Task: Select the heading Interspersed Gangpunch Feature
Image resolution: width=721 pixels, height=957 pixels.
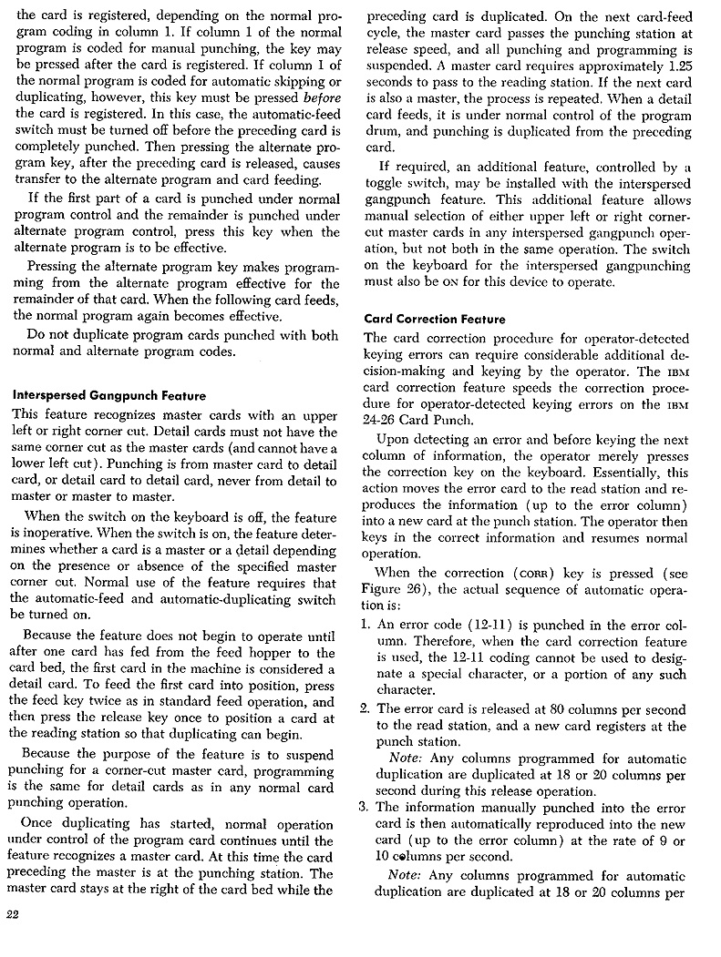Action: pos(108,396)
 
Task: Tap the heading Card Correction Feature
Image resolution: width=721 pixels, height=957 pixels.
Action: pos(434,319)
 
